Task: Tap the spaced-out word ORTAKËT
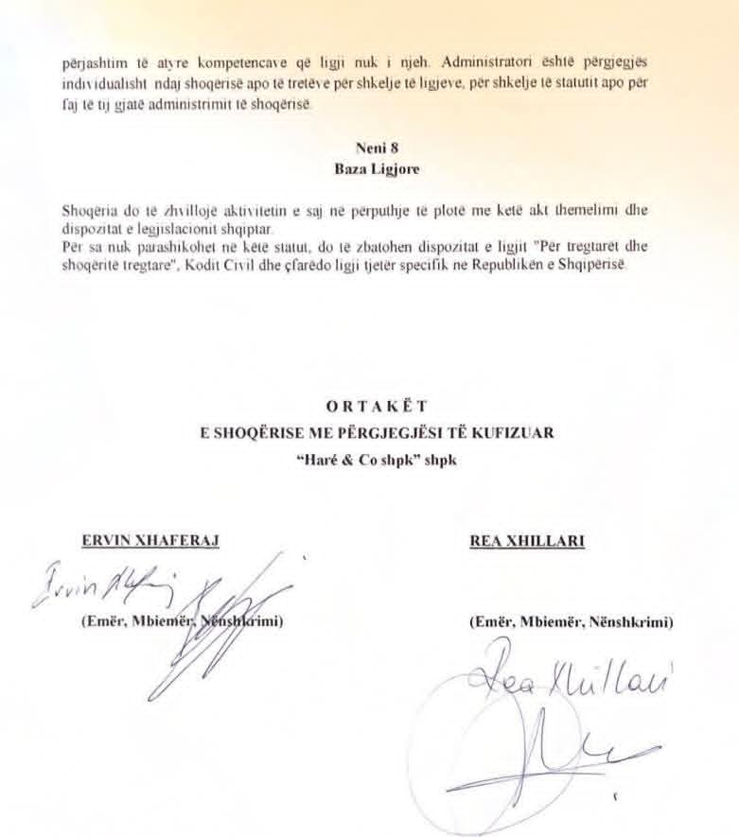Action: coord(370,407)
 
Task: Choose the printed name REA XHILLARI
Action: coord(527,541)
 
